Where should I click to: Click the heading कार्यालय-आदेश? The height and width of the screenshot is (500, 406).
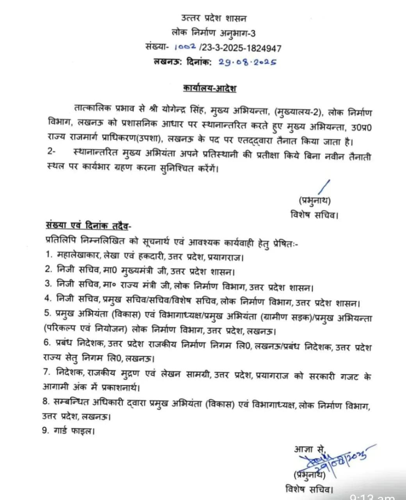pyautogui.click(x=210, y=88)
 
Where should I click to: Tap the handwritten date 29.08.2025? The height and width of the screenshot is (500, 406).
pyautogui.click(x=247, y=62)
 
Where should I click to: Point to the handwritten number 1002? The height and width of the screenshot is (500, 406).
pyautogui.click(x=185, y=48)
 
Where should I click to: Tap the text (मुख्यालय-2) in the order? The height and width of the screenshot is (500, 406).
pyautogui.click(x=299, y=112)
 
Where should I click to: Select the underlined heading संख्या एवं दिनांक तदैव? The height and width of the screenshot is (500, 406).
pyautogui.click(x=89, y=226)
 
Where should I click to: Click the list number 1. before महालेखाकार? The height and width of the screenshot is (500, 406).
pyautogui.click(x=48, y=255)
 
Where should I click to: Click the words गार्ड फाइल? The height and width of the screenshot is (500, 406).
pyautogui.click(x=74, y=431)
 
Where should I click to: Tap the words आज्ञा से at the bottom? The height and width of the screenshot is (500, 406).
pyautogui.click(x=310, y=449)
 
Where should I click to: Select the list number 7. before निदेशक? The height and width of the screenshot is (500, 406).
pyautogui.click(x=47, y=372)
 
